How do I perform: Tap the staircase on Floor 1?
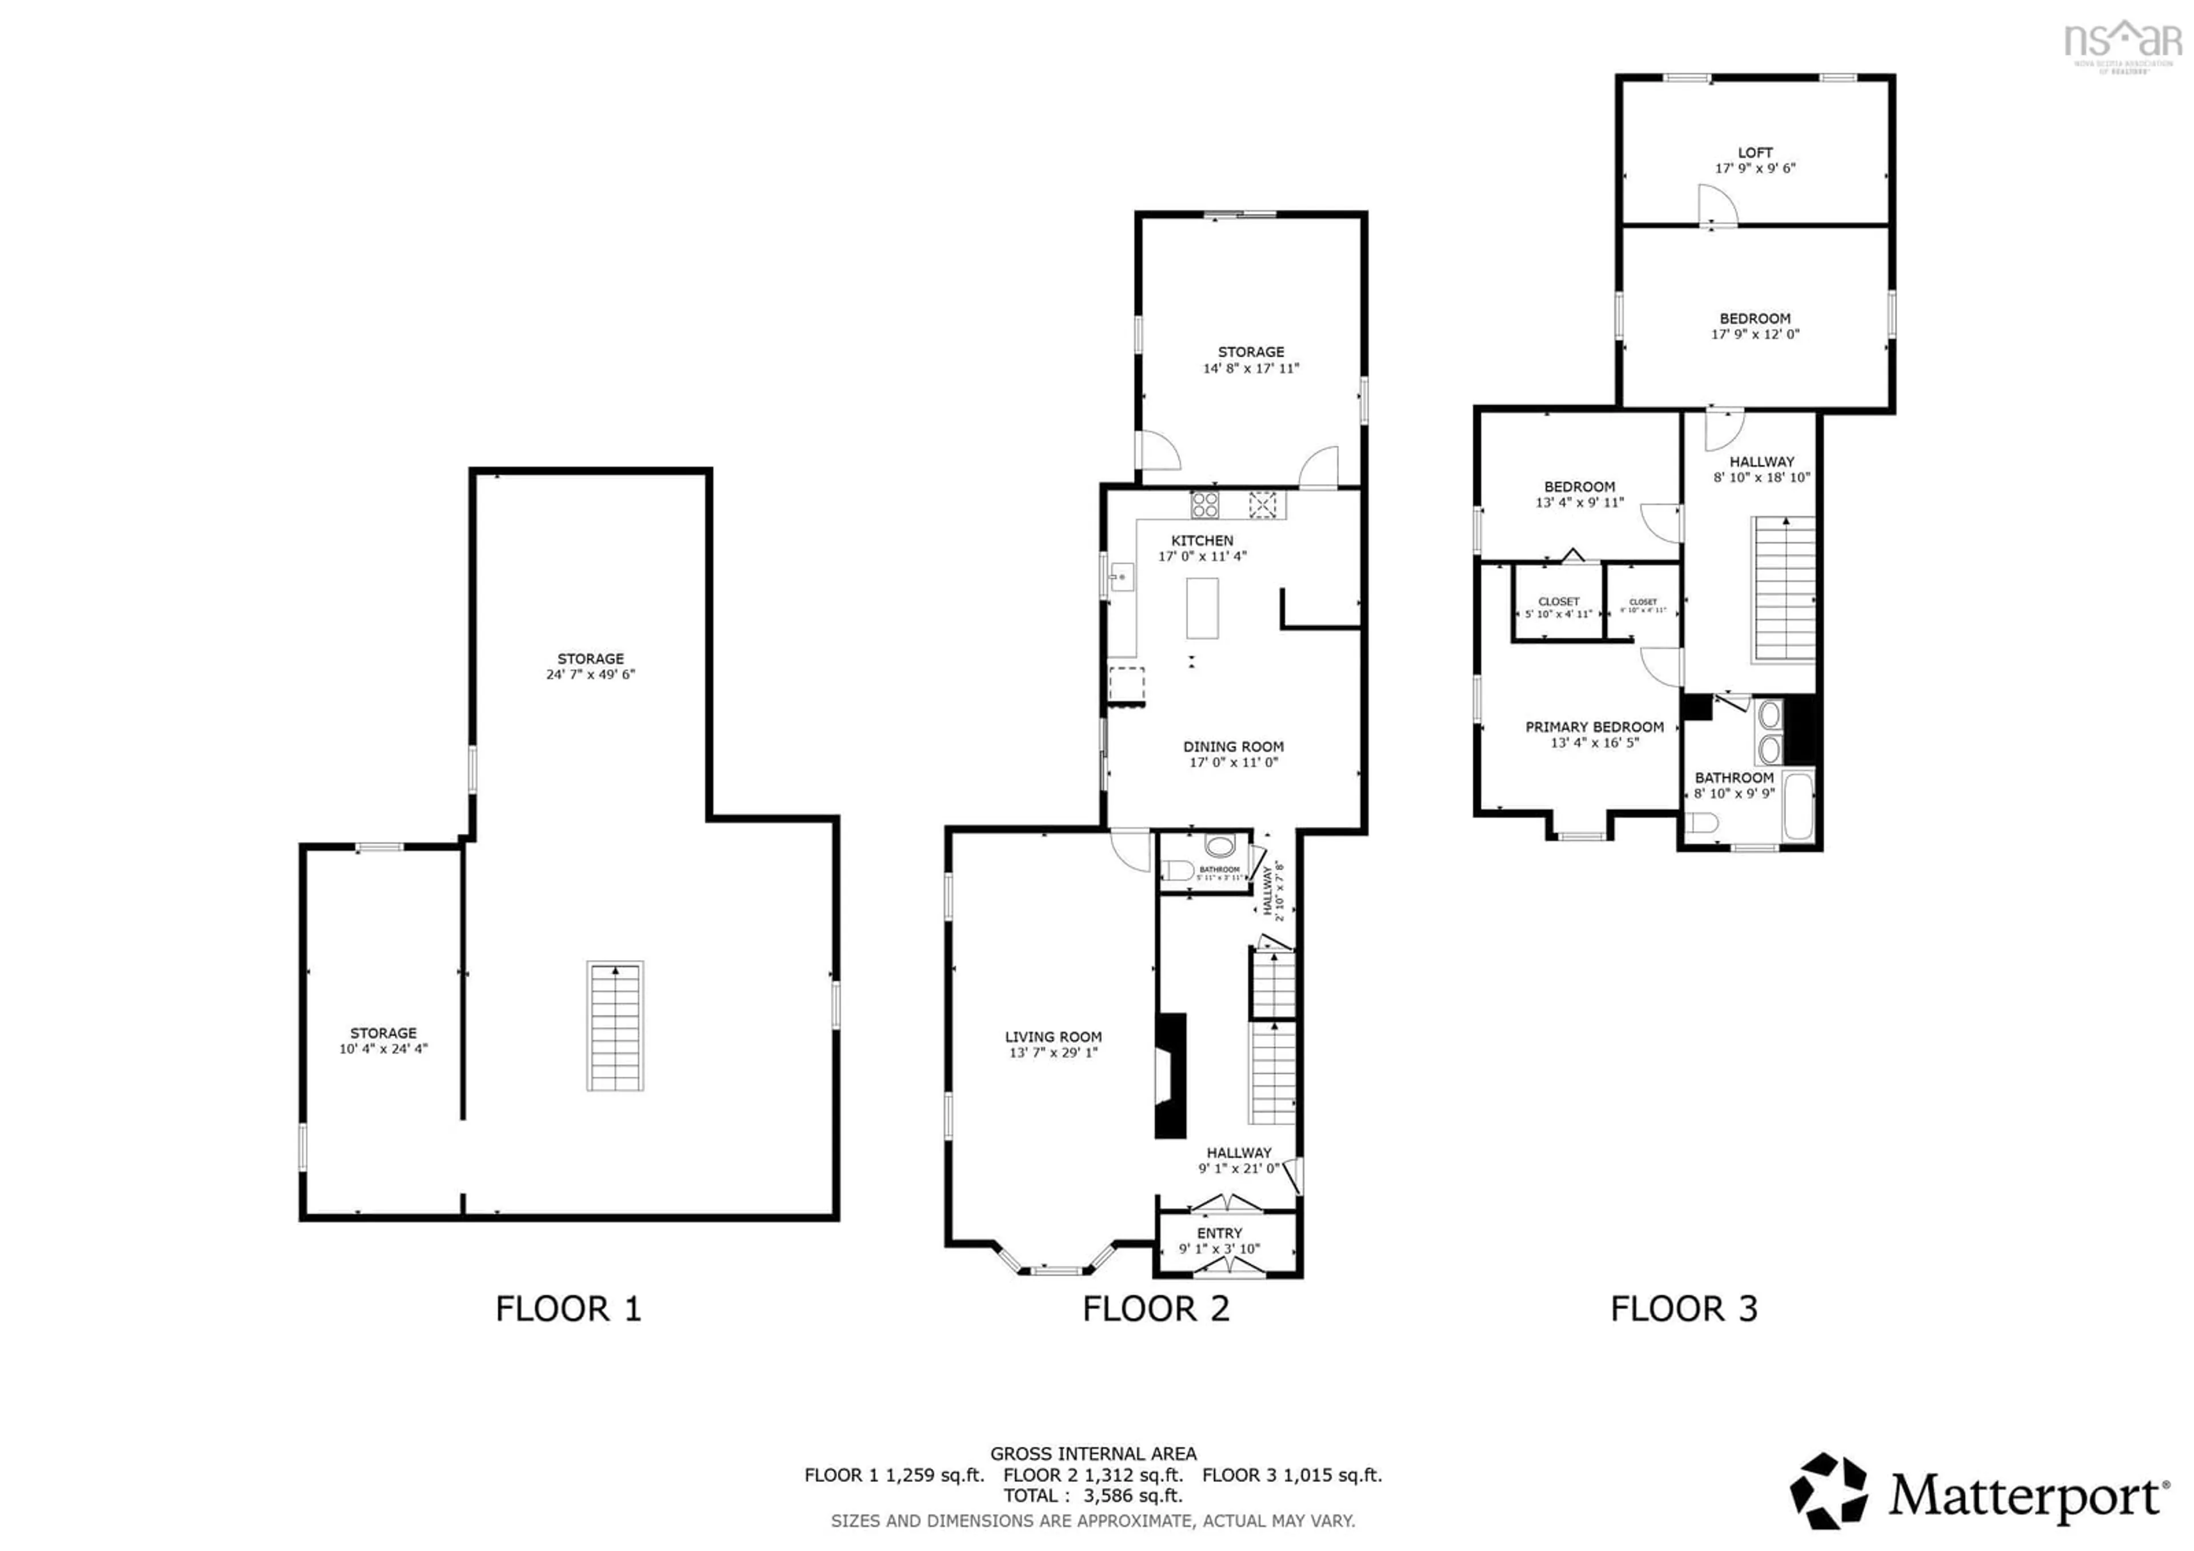click(614, 1025)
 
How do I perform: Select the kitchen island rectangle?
click(1202, 608)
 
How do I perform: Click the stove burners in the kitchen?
click(1204, 503)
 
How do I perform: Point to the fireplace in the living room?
click(1171, 1075)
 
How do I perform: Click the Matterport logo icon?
click(1828, 1491)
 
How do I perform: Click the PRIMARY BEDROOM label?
click(1594, 727)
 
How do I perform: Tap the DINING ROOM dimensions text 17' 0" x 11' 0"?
click(1232, 762)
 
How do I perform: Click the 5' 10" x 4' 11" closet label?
click(1559, 614)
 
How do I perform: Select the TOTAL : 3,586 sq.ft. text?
click(1093, 1496)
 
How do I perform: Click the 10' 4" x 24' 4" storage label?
click(383, 1048)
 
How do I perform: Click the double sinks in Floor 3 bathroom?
click(1769, 732)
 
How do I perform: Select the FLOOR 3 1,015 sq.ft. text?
click(1292, 1474)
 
